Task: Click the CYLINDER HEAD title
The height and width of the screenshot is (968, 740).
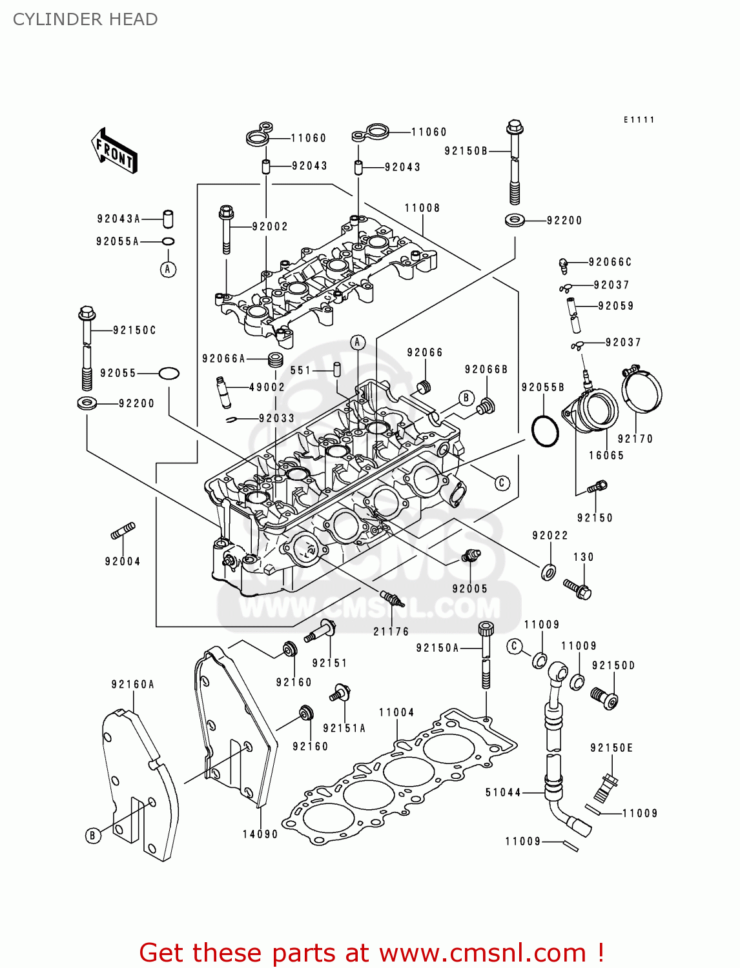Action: click(x=85, y=19)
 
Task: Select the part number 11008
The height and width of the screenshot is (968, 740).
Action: click(x=422, y=208)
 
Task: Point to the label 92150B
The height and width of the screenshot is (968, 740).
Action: click(x=466, y=151)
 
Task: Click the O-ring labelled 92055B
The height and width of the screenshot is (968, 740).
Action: click(x=545, y=430)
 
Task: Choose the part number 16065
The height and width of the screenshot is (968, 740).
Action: click(x=606, y=456)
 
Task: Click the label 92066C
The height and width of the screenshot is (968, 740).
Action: click(x=610, y=262)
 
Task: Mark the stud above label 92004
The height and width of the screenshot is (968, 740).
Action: click(x=123, y=531)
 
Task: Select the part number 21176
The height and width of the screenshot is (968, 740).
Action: click(x=391, y=632)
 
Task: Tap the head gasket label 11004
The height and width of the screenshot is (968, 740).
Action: click(x=396, y=712)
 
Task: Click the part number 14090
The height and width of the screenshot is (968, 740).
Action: click(x=260, y=834)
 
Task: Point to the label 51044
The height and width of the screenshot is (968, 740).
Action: click(x=503, y=792)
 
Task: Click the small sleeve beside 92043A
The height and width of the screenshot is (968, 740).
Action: click(x=168, y=219)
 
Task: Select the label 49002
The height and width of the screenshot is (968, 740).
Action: click(x=267, y=387)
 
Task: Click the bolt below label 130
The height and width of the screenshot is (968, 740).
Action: click(x=578, y=589)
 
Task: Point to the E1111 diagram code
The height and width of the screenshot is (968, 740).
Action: click(x=639, y=120)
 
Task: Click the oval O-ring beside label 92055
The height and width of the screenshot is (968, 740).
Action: click(x=169, y=373)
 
